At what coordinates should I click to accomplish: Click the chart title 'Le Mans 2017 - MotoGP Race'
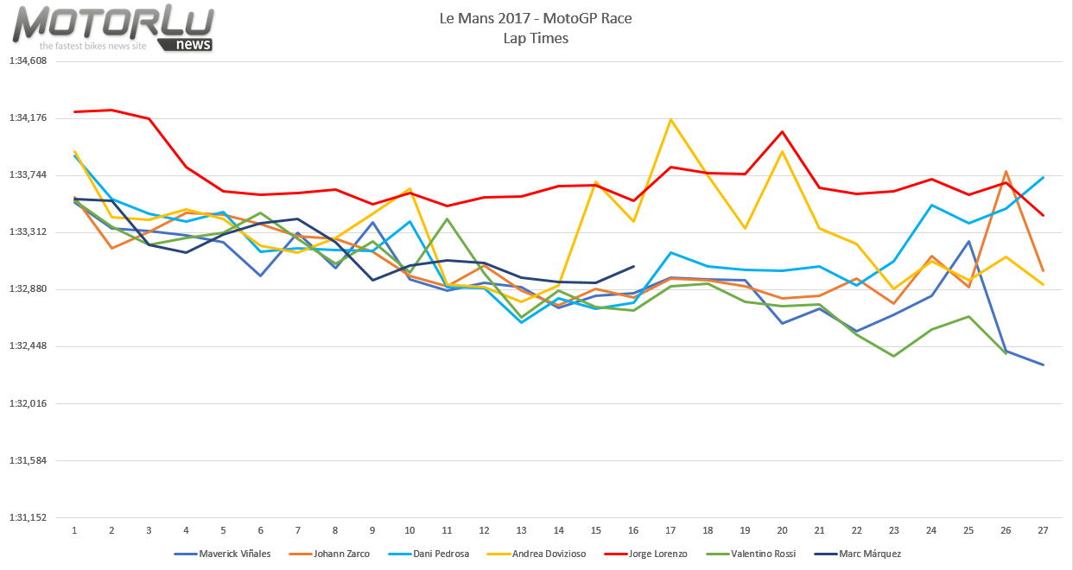[x=536, y=18]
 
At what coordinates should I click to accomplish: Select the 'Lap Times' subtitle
[x=536, y=38]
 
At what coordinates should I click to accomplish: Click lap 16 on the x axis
[x=633, y=530]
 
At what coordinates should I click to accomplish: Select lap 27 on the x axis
[x=1043, y=530]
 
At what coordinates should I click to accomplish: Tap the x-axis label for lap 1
[x=75, y=530]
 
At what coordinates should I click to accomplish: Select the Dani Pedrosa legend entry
[x=441, y=554]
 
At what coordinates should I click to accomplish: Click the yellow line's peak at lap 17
[x=670, y=120]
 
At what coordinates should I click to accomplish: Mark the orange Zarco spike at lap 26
[x=1006, y=172]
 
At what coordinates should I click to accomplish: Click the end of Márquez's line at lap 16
[x=633, y=267]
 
